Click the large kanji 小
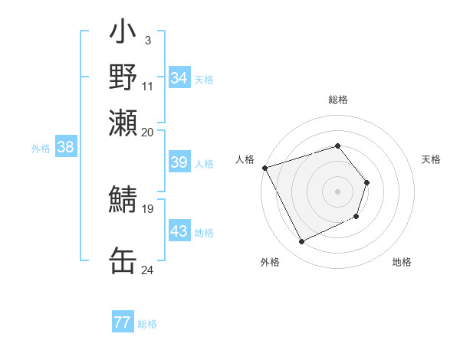[x=123, y=35]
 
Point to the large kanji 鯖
[x=123, y=201]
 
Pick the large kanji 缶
[x=123, y=260]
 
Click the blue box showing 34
[x=179, y=78]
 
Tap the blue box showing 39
[x=179, y=162]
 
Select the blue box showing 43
[x=179, y=231]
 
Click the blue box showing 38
[x=65, y=148]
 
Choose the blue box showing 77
[x=123, y=322]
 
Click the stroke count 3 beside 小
[x=147, y=39]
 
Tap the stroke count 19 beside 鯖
[x=147, y=208]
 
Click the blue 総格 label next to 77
[x=147, y=324]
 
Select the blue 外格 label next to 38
[x=40, y=149]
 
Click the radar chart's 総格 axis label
[x=337, y=100]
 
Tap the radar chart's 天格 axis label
[x=431, y=159]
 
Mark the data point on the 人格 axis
[x=264, y=167]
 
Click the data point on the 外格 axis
[x=302, y=242]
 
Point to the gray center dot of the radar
[x=337, y=191]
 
